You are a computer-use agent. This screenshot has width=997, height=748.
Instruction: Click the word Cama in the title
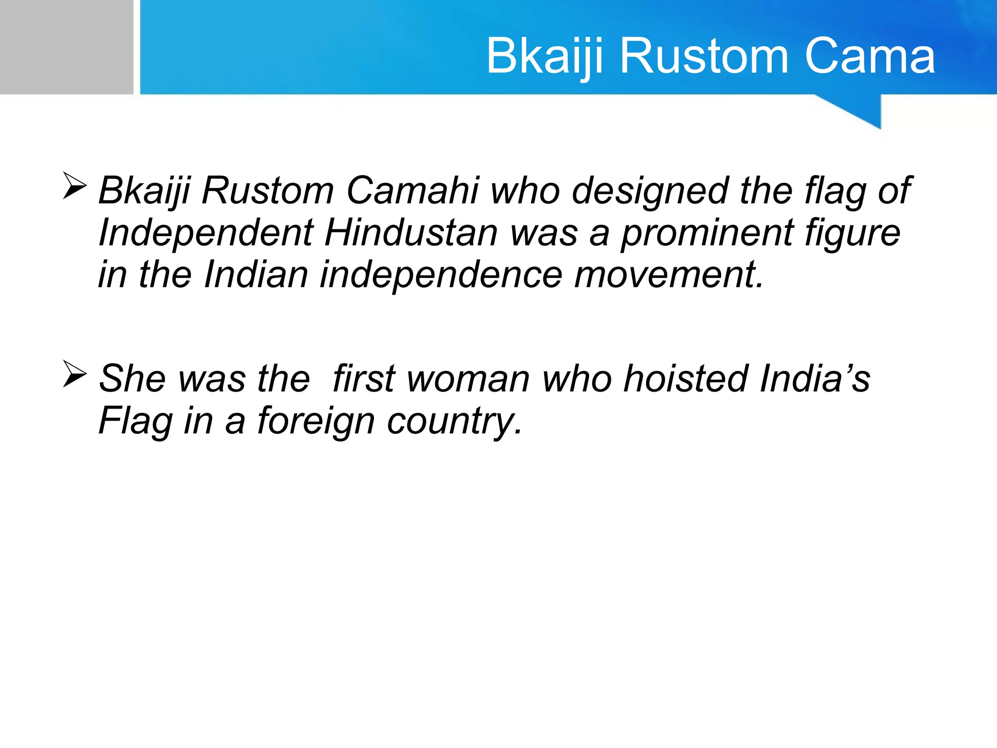869,56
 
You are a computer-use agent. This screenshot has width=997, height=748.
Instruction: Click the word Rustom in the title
703,56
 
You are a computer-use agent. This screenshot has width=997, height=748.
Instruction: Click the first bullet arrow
74,186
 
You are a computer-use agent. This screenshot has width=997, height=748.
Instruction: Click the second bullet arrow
74,374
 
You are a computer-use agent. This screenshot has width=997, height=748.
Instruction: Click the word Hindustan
411,232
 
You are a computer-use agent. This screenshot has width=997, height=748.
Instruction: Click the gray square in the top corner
66,47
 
